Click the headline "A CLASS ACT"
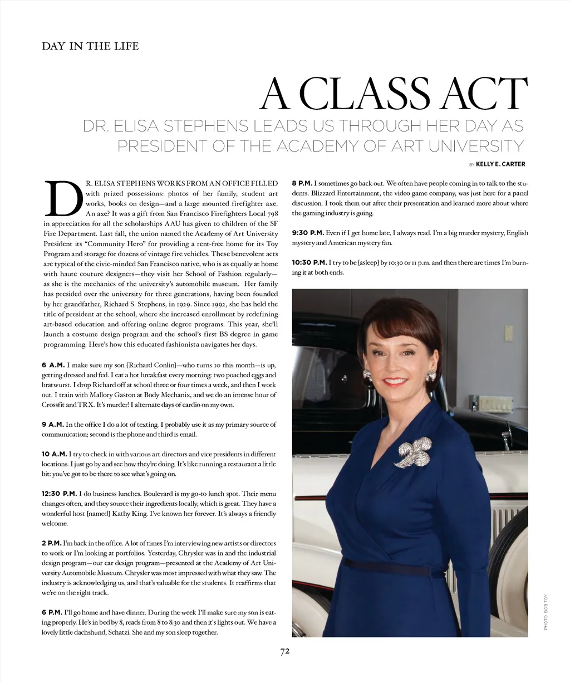(x=394, y=94)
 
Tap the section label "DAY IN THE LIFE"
(x=90, y=46)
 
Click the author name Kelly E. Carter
(x=500, y=164)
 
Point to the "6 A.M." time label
(x=53, y=364)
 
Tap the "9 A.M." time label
(x=53, y=425)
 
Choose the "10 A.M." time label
(x=54, y=454)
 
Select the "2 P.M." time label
(x=52, y=543)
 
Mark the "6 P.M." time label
(x=52, y=612)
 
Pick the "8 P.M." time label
(x=302, y=183)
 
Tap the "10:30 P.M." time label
(x=309, y=262)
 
